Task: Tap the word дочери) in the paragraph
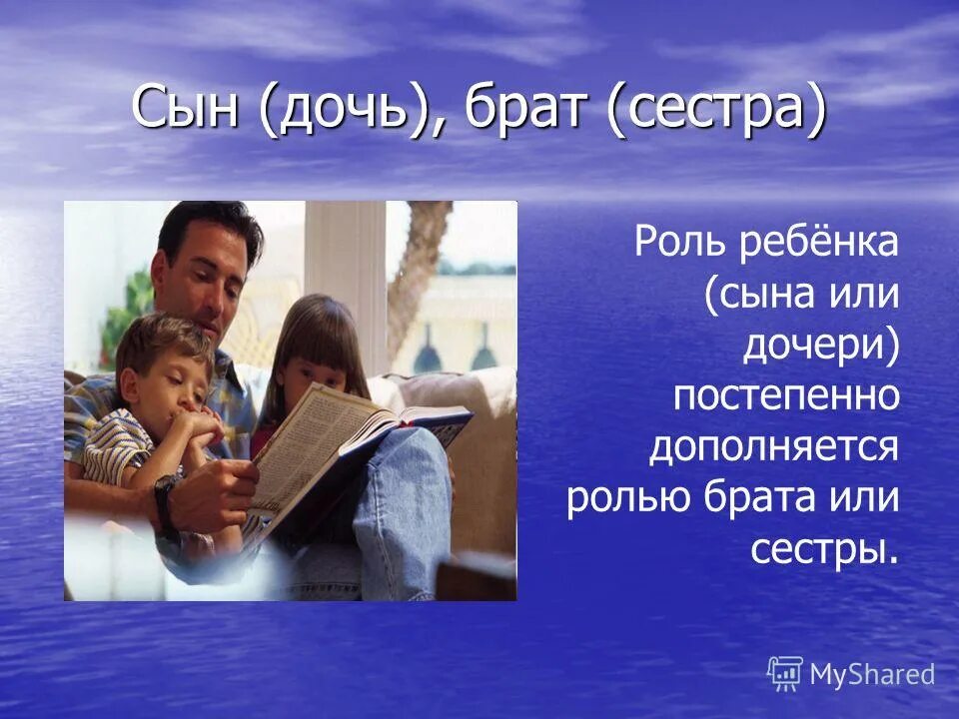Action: (x=820, y=346)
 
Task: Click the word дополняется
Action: (x=774, y=447)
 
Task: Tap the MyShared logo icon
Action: (x=785, y=673)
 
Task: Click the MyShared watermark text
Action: (x=871, y=675)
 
